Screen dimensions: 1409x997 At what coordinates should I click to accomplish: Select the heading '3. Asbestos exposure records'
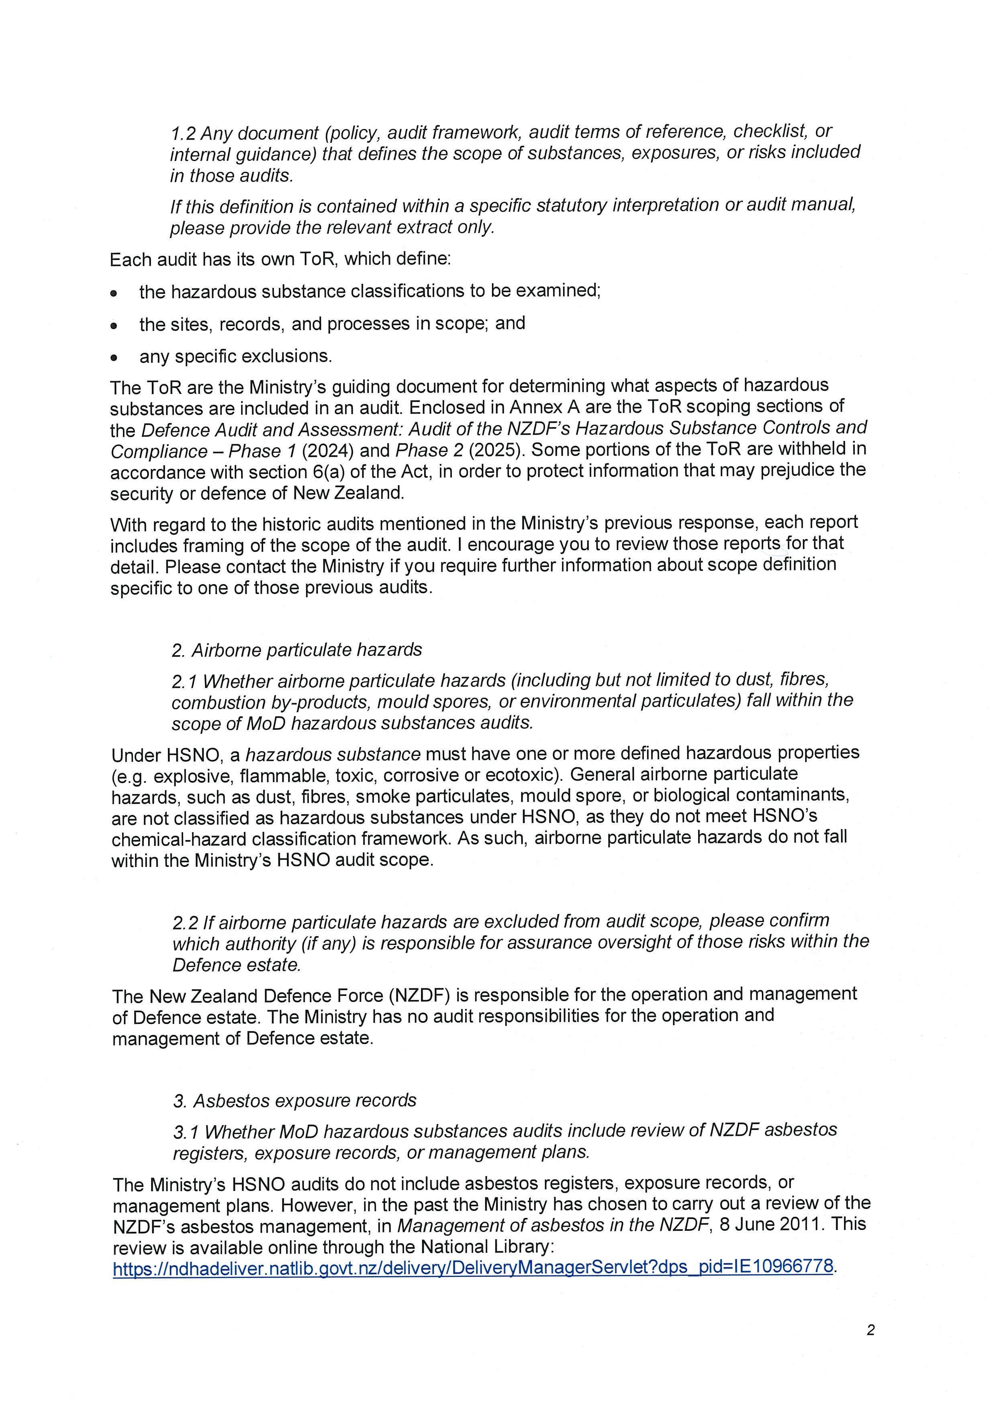(295, 1100)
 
